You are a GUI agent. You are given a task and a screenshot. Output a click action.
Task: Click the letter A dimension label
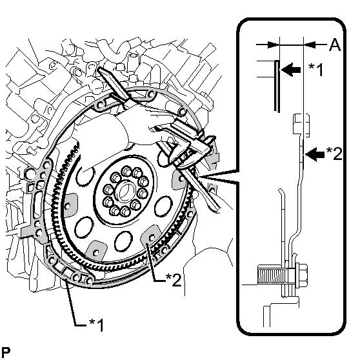tap(335, 45)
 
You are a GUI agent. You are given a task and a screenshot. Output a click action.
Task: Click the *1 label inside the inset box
tap(316, 70)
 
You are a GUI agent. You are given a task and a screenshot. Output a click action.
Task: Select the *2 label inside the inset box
tap(334, 154)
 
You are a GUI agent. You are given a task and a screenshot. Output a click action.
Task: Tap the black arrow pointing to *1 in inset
tap(291, 69)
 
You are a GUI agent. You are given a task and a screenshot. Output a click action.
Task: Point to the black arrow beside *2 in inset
tap(315, 154)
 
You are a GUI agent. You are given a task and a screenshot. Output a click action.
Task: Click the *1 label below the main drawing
tap(96, 325)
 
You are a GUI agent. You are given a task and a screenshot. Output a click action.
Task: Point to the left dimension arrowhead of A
tap(273, 45)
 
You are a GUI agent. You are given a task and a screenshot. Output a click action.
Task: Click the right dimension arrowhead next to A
tap(310, 45)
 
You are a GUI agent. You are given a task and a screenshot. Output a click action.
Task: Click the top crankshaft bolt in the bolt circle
tap(126, 171)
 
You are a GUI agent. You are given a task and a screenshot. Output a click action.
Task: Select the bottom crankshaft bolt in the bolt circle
tap(125, 211)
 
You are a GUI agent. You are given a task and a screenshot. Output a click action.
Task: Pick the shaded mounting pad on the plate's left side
tap(69, 205)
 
